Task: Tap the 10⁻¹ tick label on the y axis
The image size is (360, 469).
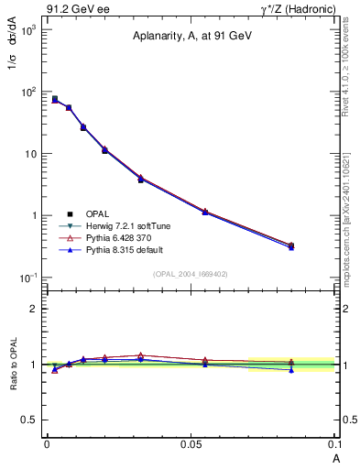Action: (x=27, y=278)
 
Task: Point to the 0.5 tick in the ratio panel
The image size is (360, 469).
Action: (x=31, y=420)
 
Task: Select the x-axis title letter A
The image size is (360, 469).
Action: (x=334, y=457)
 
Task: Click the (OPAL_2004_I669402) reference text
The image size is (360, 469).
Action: (x=191, y=274)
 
